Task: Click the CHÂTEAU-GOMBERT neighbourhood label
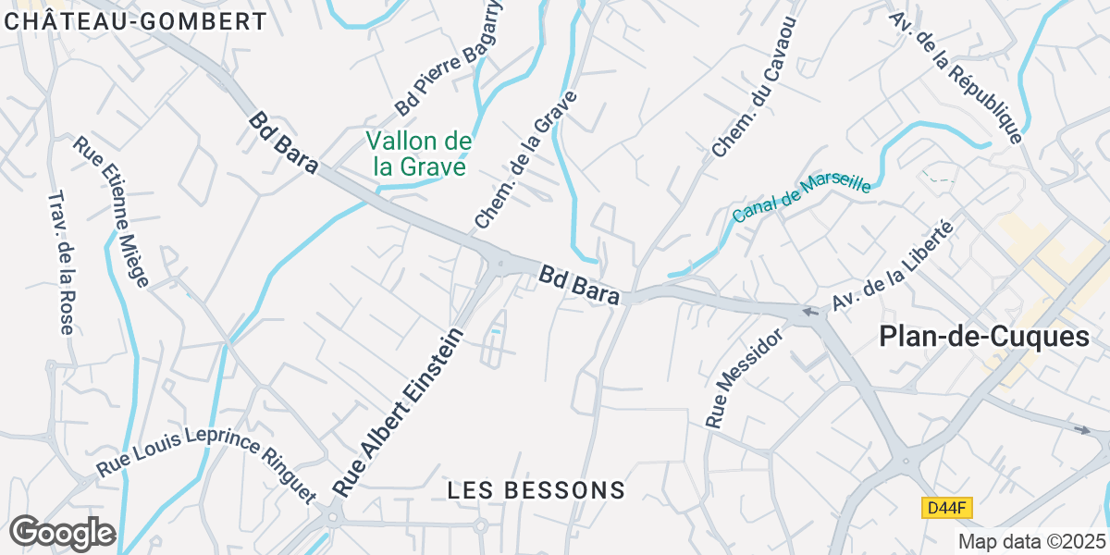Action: click(134, 20)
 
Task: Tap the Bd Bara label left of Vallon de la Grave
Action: click(284, 143)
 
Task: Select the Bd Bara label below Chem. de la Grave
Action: click(579, 286)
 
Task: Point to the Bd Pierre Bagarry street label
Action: click(450, 57)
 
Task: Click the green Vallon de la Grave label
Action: click(419, 154)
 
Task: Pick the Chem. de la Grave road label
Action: click(525, 160)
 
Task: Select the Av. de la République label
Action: click(956, 78)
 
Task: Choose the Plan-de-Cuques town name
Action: click(984, 338)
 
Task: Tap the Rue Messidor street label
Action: click(745, 378)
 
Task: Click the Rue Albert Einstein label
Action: click(397, 413)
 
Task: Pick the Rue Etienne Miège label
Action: click(111, 213)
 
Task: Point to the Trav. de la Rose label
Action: click(60, 263)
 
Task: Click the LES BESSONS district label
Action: click(536, 490)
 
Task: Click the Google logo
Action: click(62, 533)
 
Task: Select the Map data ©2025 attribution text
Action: click(1031, 542)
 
